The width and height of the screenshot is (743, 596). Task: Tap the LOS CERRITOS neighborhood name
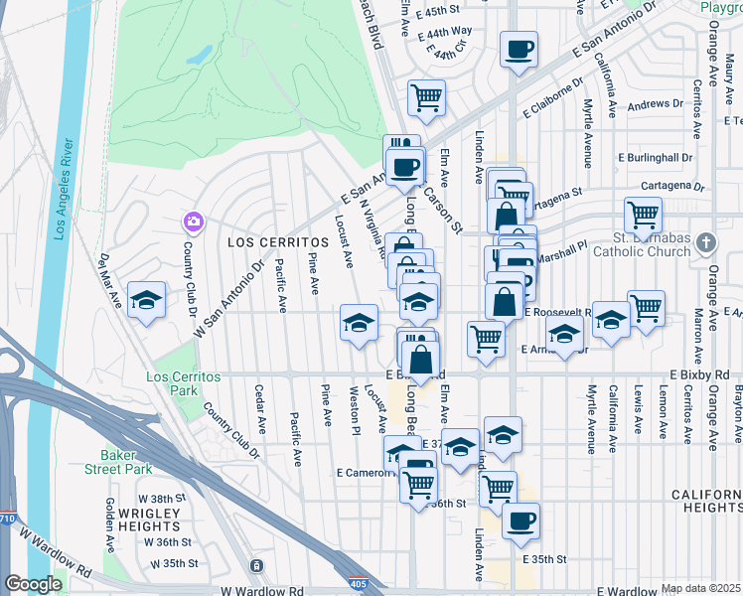pyautogui.click(x=278, y=242)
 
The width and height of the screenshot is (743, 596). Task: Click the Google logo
pyautogui.click(x=33, y=584)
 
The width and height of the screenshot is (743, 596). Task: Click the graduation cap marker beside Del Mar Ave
pyautogui.click(x=146, y=301)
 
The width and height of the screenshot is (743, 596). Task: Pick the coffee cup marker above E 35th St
pyautogui.click(x=520, y=520)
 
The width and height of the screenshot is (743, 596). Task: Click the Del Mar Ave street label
pyautogui.click(x=109, y=280)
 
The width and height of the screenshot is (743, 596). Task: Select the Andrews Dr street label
pyautogui.click(x=656, y=103)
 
